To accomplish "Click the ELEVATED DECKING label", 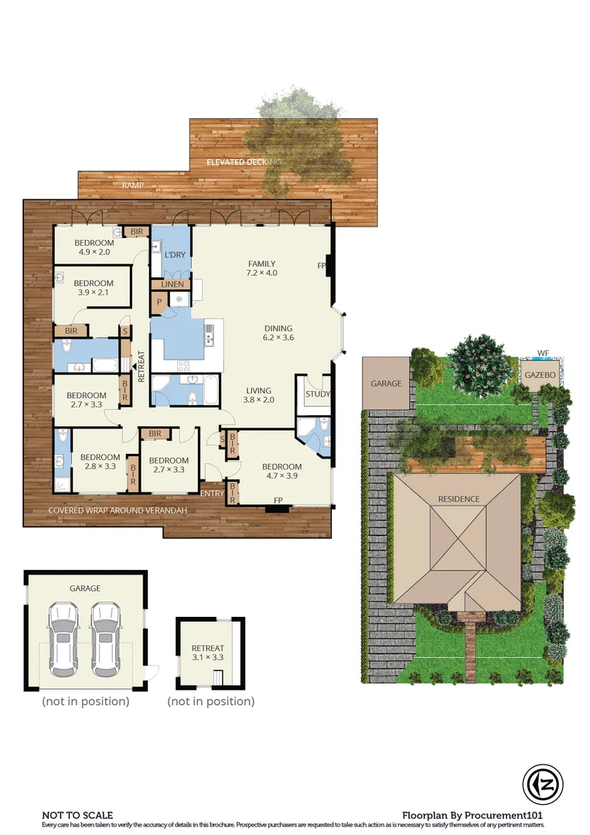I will (243, 162).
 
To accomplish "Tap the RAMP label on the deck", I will (133, 186).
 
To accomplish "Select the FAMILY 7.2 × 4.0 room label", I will (261, 268).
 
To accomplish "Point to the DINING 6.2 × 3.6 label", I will (278, 332).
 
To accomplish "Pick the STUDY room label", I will (317, 394).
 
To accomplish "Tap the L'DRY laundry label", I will (172, 255).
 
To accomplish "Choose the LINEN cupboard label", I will (172, 285).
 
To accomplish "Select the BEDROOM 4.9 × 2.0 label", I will (94, 246).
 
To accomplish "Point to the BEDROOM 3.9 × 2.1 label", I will (94, 288).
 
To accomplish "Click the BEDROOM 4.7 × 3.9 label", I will (281, 472).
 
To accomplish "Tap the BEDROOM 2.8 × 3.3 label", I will (100, 462).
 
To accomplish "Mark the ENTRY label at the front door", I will (212, 494).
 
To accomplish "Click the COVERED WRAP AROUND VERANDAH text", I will (118, 510).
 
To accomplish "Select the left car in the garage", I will (63, 634).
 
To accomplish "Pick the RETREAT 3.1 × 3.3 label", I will (207, 653).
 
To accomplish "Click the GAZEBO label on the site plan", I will (538, 375).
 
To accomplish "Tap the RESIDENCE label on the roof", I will (458, 499).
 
